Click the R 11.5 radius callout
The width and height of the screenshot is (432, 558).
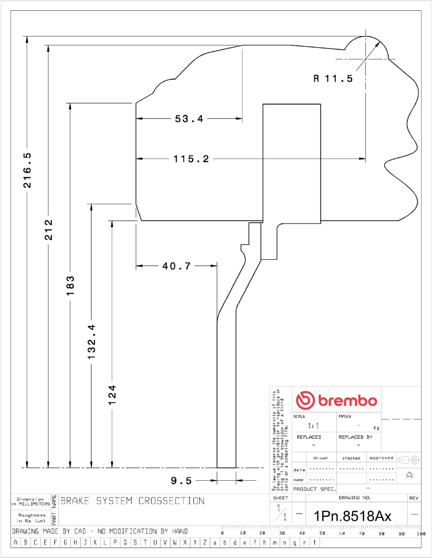[x=333, y=78]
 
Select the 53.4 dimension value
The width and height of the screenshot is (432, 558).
[x=189, y=119]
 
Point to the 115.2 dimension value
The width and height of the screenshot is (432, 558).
[x=191, y=159]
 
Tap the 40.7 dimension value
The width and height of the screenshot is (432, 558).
[x=176, y=266]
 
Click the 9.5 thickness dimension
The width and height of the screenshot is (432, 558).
[x=181, y=481]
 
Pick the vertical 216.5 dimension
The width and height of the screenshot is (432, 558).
[x=27, y=170]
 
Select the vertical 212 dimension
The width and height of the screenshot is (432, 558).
[x=49, y=230]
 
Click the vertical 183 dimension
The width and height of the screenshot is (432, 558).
[x=70, y=286]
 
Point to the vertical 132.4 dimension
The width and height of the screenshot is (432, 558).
[x=91, y=342]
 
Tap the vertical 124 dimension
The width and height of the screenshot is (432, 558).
[x=112, y=395]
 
